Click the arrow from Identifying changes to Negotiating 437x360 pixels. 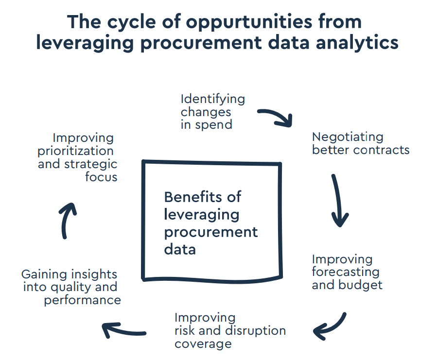[x=276, y=117]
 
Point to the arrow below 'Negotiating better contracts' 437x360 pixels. [x=339, y=200]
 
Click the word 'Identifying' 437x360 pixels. [x=213, y=99]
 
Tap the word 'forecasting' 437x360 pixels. [x=346, y=272]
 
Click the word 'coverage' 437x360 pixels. [x=203, y=344]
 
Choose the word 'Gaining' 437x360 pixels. [x=43, y=274]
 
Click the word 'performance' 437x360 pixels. [x=82, y=300]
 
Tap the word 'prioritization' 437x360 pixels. [x=75, y=151]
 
